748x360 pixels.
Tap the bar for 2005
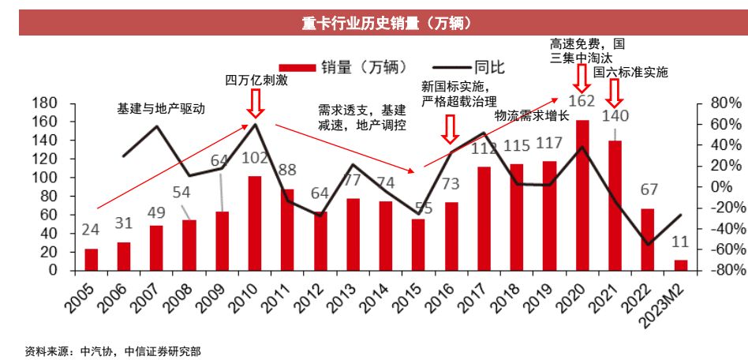[92, 260]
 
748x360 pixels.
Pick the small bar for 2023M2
[680, 265]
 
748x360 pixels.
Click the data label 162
[582, 101]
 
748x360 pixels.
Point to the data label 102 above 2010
[254, 157]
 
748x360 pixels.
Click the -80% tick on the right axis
[717, 270]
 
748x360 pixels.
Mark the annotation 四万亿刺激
[254, 80]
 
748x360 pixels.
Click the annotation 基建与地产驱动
[161, 109]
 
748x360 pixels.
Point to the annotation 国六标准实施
[630, 72]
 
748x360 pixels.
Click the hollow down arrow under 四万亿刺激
[255, 103]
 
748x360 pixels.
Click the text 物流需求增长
[532, 115]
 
